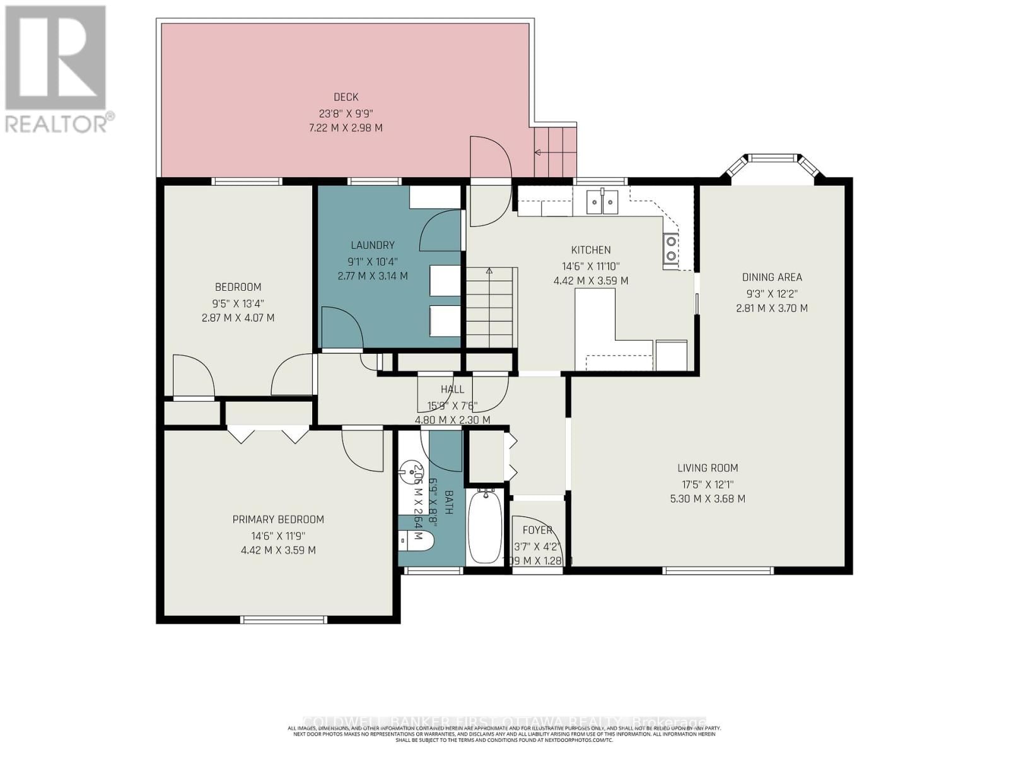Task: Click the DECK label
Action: (346, 97)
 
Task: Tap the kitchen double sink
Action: (603, 202)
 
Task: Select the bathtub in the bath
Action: (485, 527)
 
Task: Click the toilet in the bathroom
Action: (416, 540)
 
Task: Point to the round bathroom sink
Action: (413, 469)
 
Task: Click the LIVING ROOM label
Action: (708, 468)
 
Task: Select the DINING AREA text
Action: (772, 277)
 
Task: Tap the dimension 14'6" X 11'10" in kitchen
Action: (591, 266)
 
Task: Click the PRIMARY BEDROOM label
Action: (278, 520)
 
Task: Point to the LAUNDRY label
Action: (373, 245)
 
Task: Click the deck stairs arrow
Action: (538, 152)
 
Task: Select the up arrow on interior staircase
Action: (489, 271)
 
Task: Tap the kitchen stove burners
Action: (671, 247)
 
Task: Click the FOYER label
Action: (537, 531)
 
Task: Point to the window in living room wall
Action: (718, 571)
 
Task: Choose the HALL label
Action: (452, 390)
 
